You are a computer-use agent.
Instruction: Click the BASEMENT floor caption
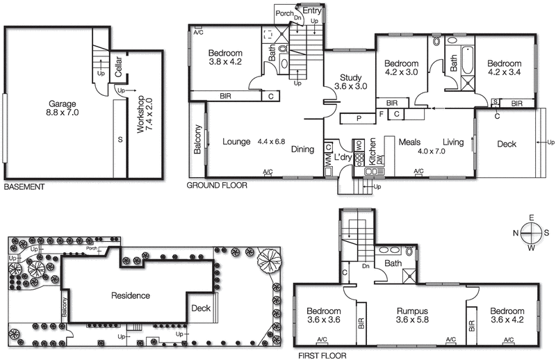[x=24, y=187]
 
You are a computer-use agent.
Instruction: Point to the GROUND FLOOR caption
[x=218, y=186]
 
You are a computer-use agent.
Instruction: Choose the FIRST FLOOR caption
[x=322, y=354]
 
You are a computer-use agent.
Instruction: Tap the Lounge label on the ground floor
[x=236, y=142]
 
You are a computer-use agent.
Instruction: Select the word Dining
[x=302, y=149]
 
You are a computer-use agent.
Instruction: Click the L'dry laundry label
[x=343, y=158]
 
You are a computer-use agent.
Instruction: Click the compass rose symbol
[x=531, y=232]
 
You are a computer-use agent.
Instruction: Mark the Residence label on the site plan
[x=131, y=295]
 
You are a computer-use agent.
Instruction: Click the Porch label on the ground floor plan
[x=284, y=13]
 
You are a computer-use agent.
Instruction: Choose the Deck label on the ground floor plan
[x=507, y=145]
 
